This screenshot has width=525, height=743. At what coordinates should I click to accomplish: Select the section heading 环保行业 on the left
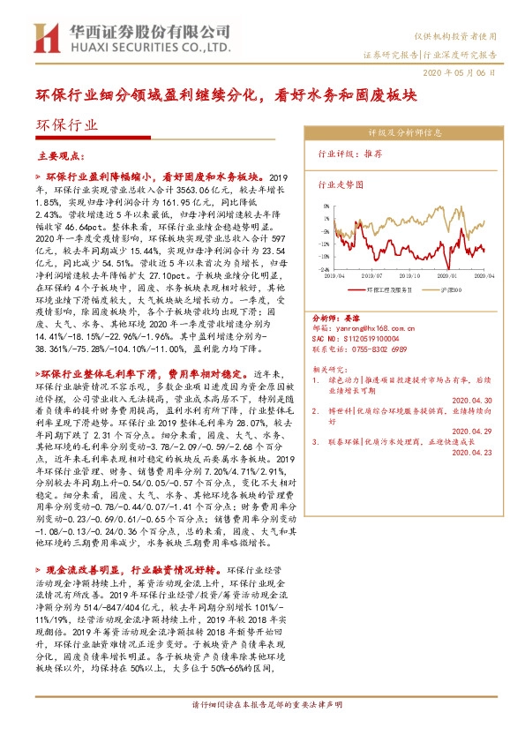click(67, 126)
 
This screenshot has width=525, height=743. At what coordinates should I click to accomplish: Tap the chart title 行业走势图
click(340, 185)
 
